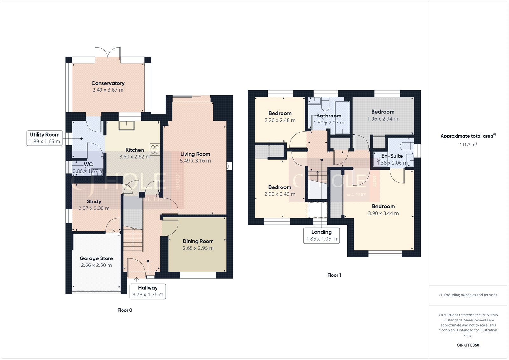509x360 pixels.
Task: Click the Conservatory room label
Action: click(x=108, y=83)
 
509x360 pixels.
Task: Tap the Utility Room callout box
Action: click(x=45, y=138)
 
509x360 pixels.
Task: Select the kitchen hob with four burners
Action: click(x=155, y=150)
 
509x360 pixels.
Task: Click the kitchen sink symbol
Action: click(x=127, y=125)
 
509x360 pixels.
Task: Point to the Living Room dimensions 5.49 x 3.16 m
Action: click(x=195, y=161)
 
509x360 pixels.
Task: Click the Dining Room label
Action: click(x=198, y=241)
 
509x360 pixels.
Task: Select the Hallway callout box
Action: click(x=148, y=291)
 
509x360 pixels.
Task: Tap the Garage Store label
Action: click(x=96, y=258)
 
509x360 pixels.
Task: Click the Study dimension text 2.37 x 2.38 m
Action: click(x=94, y=208)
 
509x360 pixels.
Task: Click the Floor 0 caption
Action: click(x=125, y=310)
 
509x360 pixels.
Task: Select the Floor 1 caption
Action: click(x=334, y=275)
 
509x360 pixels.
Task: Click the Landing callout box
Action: click(x=321, y=236)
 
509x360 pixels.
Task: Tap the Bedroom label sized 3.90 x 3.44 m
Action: click(x=383, y=207)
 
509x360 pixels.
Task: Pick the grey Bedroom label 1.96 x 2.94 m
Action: click(x=382, y=112)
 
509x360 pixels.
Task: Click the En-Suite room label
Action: click(x=392, y=156)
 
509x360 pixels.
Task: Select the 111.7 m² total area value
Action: click(x=468, y=145)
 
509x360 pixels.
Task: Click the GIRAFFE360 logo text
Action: click(x=468, y=345)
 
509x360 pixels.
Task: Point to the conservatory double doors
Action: click(x=108, y=53)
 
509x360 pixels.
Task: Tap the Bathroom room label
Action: click(x=329, y=116)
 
